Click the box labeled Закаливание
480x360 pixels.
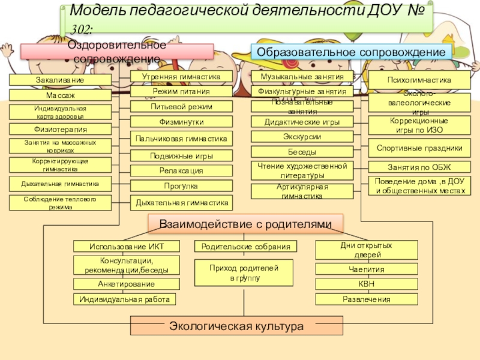coord(60,80)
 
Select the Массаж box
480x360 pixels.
coord(60,95)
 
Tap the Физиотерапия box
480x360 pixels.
coord(60,129)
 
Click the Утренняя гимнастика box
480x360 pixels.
coord(181,77)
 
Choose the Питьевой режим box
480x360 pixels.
coord(181,106)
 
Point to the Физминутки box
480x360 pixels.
coord(181,122)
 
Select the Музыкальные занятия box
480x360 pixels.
coord(302,77)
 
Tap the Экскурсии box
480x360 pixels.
coord(302,137)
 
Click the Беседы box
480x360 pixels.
coord(302,152)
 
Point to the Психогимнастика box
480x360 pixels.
coord(418,80)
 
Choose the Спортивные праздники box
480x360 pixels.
coord(419,147)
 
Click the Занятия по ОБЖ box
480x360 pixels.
coord(419,167)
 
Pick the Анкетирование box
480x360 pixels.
coord(126,284)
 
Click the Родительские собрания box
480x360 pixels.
coord(245,247)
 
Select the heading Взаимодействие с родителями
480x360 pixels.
coord(245,224)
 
